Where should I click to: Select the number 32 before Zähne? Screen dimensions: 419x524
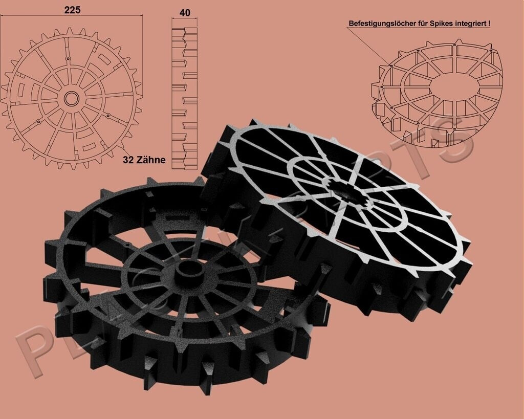coord(128,160)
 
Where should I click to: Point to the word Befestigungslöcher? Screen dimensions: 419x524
coord(382,24)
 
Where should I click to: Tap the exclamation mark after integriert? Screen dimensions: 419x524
coord(489,24)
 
